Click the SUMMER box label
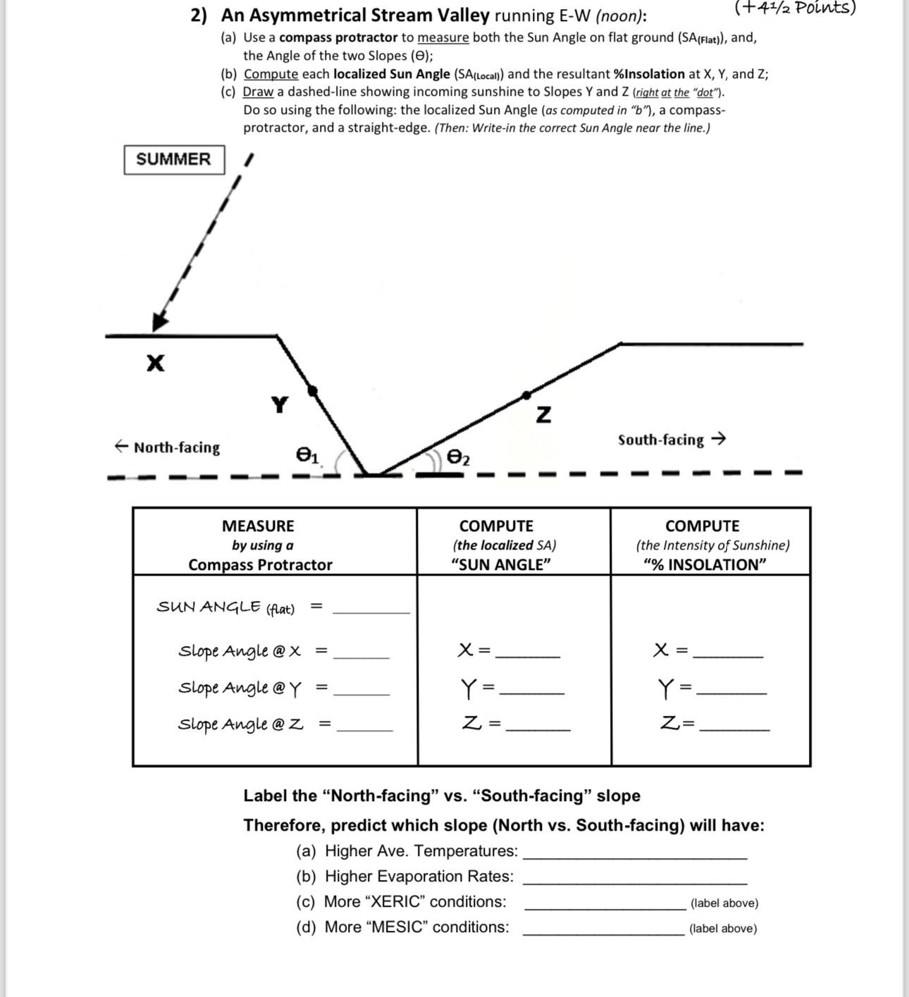(x=174, y=159)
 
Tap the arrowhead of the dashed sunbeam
(x=160, y=321)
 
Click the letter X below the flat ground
(x=156, y=363)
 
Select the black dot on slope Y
(x=313, y=390)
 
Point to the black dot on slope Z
(x=525, y=395)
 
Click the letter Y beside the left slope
(x=280, y=405)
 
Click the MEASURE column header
(x=259, y=526)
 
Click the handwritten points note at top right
(x=795, y=8)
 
